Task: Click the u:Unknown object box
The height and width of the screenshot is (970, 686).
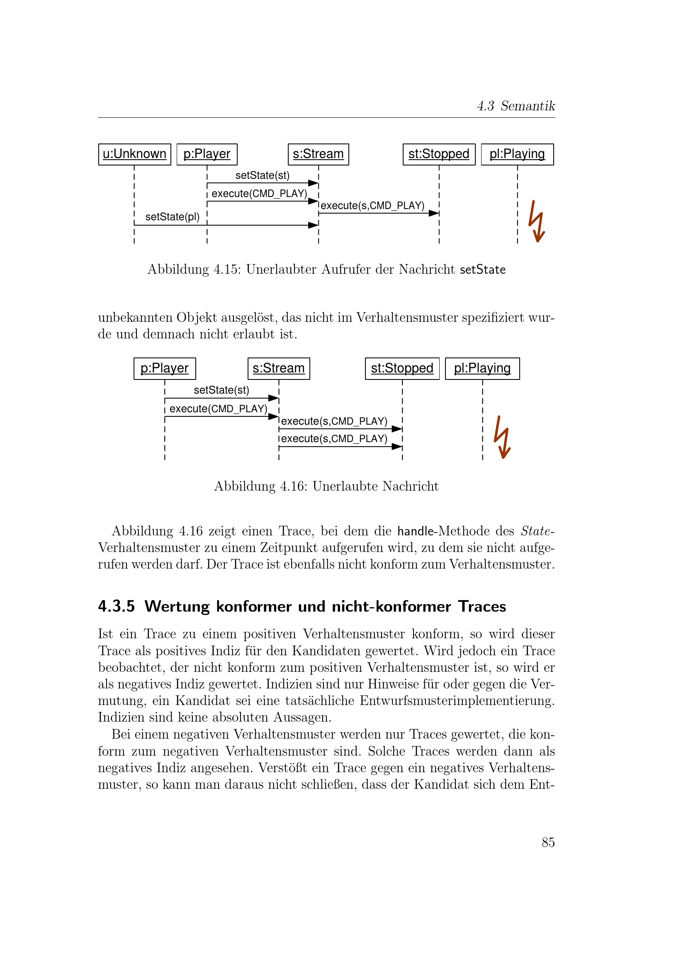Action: click(134, 154)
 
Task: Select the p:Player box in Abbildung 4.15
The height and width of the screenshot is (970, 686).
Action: click(207, 154)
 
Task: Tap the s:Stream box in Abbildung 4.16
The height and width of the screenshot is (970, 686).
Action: click(278, 368)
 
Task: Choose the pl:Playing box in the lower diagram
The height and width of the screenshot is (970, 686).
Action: click(482, 368)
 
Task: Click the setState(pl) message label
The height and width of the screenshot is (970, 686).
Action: click(172, 217)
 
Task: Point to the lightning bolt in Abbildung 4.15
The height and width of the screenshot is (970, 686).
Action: click(536, 221)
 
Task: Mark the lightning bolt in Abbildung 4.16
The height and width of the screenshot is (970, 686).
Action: click(502, 437)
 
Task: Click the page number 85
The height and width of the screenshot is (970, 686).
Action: click(548, 842)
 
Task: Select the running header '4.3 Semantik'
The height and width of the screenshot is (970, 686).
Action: click(516, 106)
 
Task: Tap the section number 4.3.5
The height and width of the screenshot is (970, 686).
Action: click(116, 606)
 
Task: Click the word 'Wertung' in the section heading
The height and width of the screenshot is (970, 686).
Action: click(177, 606)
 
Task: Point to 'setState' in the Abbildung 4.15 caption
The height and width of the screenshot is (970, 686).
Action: click(482, 270)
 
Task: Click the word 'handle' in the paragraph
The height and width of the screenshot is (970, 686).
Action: click(415, 531)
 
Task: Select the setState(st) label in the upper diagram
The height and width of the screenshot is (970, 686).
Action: click(262, 175)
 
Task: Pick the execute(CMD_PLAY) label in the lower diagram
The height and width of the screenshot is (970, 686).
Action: click(219, 408)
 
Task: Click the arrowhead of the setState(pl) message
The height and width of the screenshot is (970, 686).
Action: click(314, 225)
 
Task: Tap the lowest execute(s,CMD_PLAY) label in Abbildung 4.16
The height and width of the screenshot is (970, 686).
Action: click(334, 438)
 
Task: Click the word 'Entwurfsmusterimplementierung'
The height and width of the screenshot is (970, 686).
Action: click(457, 700)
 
